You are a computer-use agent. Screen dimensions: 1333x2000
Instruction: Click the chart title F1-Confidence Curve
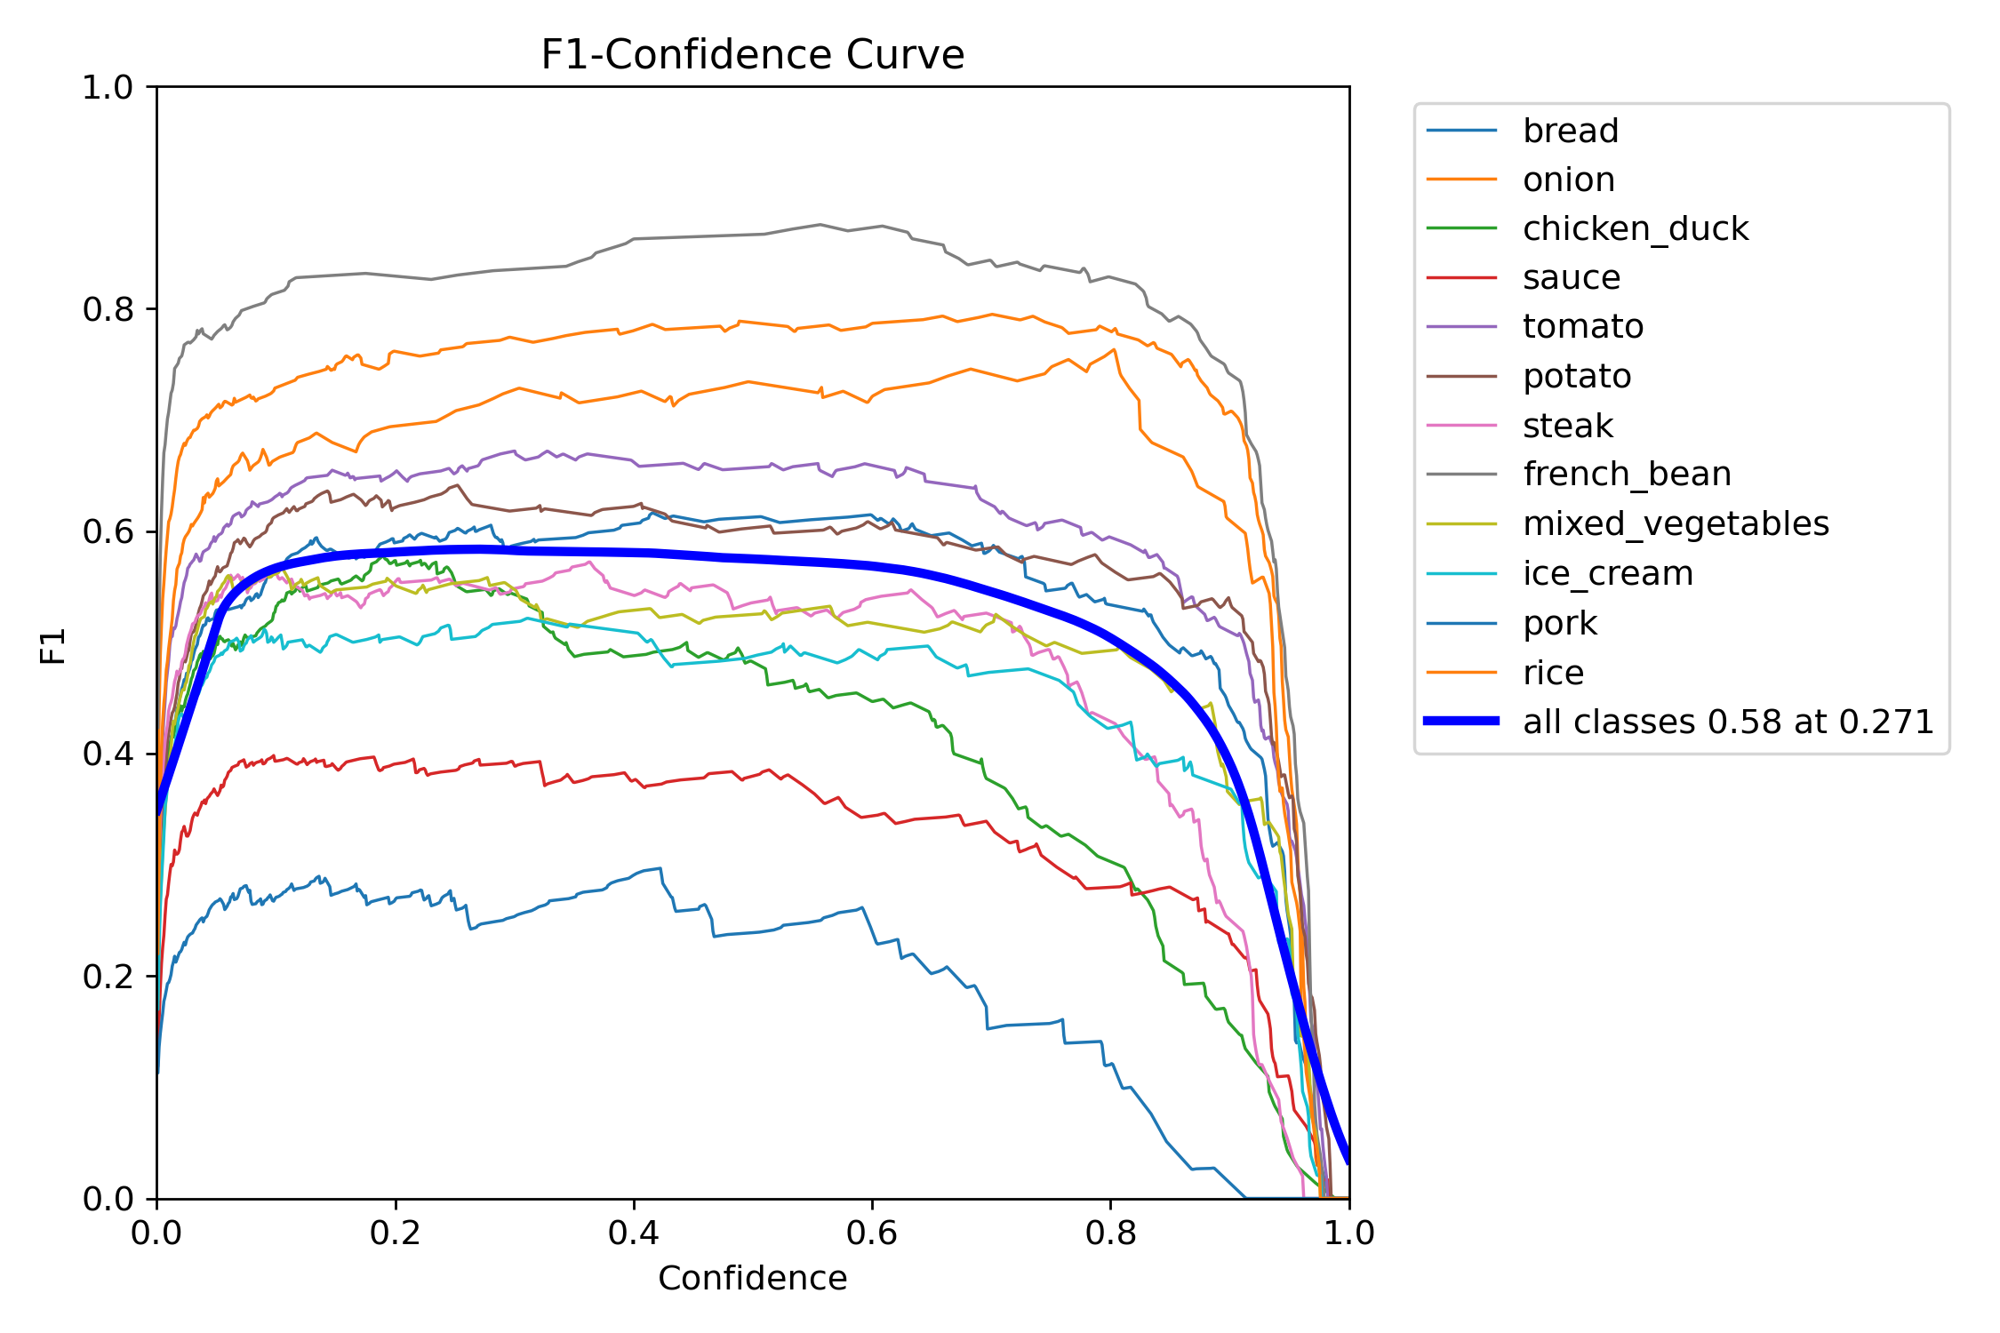click(752, 55)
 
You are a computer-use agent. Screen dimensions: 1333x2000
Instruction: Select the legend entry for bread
click(1570, 131)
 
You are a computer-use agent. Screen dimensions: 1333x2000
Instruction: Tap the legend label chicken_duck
click(1635, 228)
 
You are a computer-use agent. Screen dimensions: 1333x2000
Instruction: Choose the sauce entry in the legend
click(1571, 277)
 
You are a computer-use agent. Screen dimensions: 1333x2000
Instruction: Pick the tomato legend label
click(1582, 326)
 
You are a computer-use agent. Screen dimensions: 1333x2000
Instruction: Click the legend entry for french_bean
click(1626, 474)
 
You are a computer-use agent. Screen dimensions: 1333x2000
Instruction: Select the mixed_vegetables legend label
click(1676, 523)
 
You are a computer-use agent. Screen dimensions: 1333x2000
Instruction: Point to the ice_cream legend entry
click(1607, 573)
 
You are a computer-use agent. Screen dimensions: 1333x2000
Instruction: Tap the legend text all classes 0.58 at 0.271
click(1728, 722)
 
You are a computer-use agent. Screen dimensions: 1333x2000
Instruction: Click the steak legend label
click(1567, 426)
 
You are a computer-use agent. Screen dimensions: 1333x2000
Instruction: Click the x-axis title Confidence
click(752, 1278)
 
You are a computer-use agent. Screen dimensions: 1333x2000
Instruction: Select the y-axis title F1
click(53, 646)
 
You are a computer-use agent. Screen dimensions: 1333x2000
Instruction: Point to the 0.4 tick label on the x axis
click(633, 1233)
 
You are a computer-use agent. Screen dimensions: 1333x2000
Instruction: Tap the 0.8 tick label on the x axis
click(1110, 1233)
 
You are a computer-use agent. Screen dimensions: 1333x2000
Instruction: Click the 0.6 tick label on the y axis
click(107, 531)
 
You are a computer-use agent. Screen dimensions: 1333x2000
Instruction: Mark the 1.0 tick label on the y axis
click(107, 87)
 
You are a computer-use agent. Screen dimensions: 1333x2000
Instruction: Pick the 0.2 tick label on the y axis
click(107, 977)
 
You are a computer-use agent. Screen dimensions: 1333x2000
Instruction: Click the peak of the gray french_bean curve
click(820, 224)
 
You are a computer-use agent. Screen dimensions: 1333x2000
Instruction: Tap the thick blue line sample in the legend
click(1461, 721)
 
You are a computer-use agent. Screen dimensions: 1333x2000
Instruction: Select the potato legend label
click(1576, 376)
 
